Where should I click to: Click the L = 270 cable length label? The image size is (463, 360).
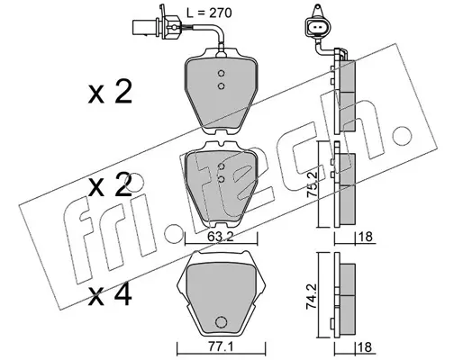tap(209, 13)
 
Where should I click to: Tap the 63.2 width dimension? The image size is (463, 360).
tap(221, 238)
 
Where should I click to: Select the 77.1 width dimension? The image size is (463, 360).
tap(221, 347)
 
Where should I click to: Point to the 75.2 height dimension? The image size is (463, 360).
tap(312, 184)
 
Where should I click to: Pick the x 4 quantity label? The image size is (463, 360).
tap(110, 295)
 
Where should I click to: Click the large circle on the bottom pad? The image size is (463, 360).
tap(221, 322)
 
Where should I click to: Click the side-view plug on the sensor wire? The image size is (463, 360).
tap(157, 27)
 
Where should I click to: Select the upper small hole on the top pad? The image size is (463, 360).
tap(222, 73)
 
